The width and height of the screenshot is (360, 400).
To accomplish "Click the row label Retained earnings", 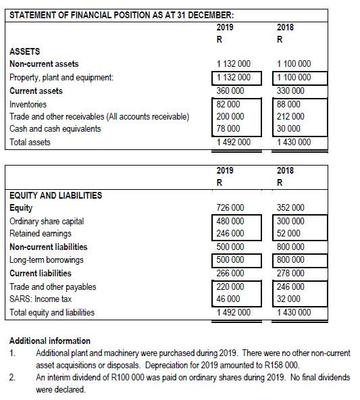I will pyautogui.click(x=38, y=234).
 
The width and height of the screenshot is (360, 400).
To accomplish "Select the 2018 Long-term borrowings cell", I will pyautogui.click(x=288, y=260).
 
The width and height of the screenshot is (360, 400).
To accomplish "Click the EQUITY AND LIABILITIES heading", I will pyautogui.click(x=54, y=195).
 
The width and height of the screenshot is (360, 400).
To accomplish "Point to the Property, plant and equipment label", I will pyautogui.click(x=61, y=78).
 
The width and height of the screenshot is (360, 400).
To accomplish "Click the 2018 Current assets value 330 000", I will pyautogui.click(x=288, y=91).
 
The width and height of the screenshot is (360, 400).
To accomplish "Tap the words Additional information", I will pyautogui.click(x=51, y=341).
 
